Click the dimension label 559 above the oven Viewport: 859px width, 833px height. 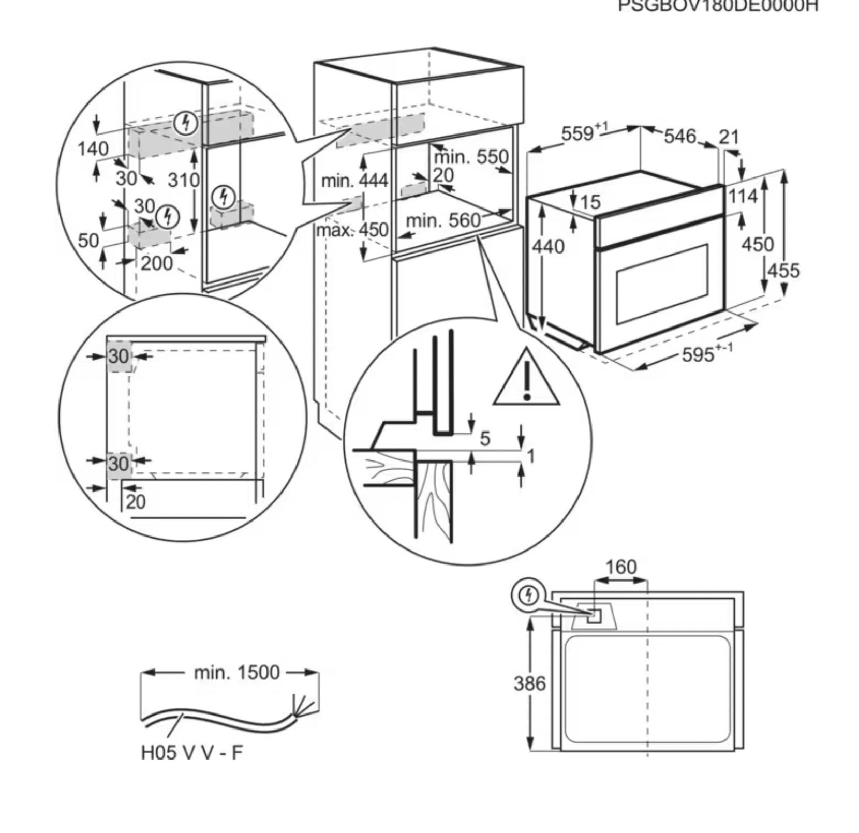579,133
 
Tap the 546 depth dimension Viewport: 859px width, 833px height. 680,137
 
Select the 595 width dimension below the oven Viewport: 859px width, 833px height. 699,355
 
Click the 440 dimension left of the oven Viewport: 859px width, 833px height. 549,247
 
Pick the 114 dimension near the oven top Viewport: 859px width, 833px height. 743,196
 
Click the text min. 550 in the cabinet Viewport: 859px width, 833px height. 471,157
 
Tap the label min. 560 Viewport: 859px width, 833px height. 443,221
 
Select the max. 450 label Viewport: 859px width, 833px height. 352,230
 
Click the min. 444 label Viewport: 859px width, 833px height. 354,181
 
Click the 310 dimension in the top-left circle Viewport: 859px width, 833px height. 183,180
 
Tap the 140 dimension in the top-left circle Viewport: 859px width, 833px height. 93,149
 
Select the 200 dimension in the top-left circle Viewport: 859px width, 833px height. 156,263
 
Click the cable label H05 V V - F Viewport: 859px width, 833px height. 191,752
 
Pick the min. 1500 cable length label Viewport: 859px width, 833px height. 236,672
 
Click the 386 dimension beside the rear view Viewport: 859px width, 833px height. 529,683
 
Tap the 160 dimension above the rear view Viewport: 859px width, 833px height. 620,567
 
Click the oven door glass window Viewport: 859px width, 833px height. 662,282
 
